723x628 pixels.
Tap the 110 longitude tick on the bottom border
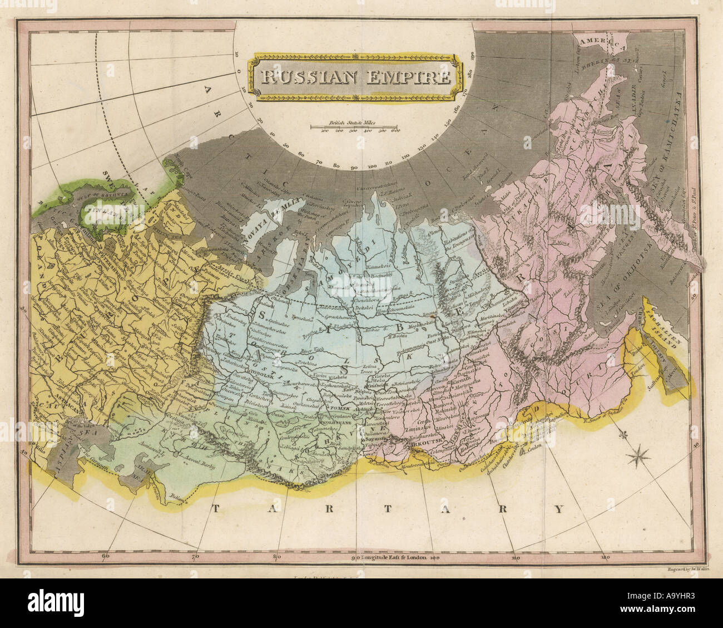pyautogui.click(x=516, y=556)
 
